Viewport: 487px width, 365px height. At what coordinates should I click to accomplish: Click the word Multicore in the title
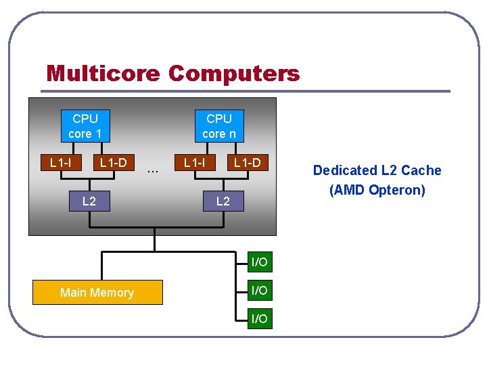coord(103,73)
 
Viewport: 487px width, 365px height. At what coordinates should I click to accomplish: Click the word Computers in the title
coord(233,73)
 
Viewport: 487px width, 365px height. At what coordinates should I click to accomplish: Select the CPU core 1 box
coord(85,126)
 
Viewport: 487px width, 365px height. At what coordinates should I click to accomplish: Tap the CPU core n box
coord(219,126)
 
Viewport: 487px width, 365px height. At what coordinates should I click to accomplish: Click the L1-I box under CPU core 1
coord(61,162)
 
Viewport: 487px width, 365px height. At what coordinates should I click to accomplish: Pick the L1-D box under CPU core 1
coord(113,162)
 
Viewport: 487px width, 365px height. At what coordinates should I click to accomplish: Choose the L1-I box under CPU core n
coord(195,162)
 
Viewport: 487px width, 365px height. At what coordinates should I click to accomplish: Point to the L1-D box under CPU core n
coord(247,162)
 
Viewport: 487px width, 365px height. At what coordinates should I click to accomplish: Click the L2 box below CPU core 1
coord(89,201)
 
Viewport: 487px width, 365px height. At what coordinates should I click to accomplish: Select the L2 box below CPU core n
coord(223,201)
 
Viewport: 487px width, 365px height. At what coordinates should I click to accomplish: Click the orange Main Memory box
coord(97,292)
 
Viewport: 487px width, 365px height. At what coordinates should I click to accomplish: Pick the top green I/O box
coord(259,262)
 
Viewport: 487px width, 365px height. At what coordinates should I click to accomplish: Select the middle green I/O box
coord(259,290)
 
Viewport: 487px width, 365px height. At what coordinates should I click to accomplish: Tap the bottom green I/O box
coord(259,318)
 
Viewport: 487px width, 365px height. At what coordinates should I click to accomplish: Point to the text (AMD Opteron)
coord(377,190)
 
